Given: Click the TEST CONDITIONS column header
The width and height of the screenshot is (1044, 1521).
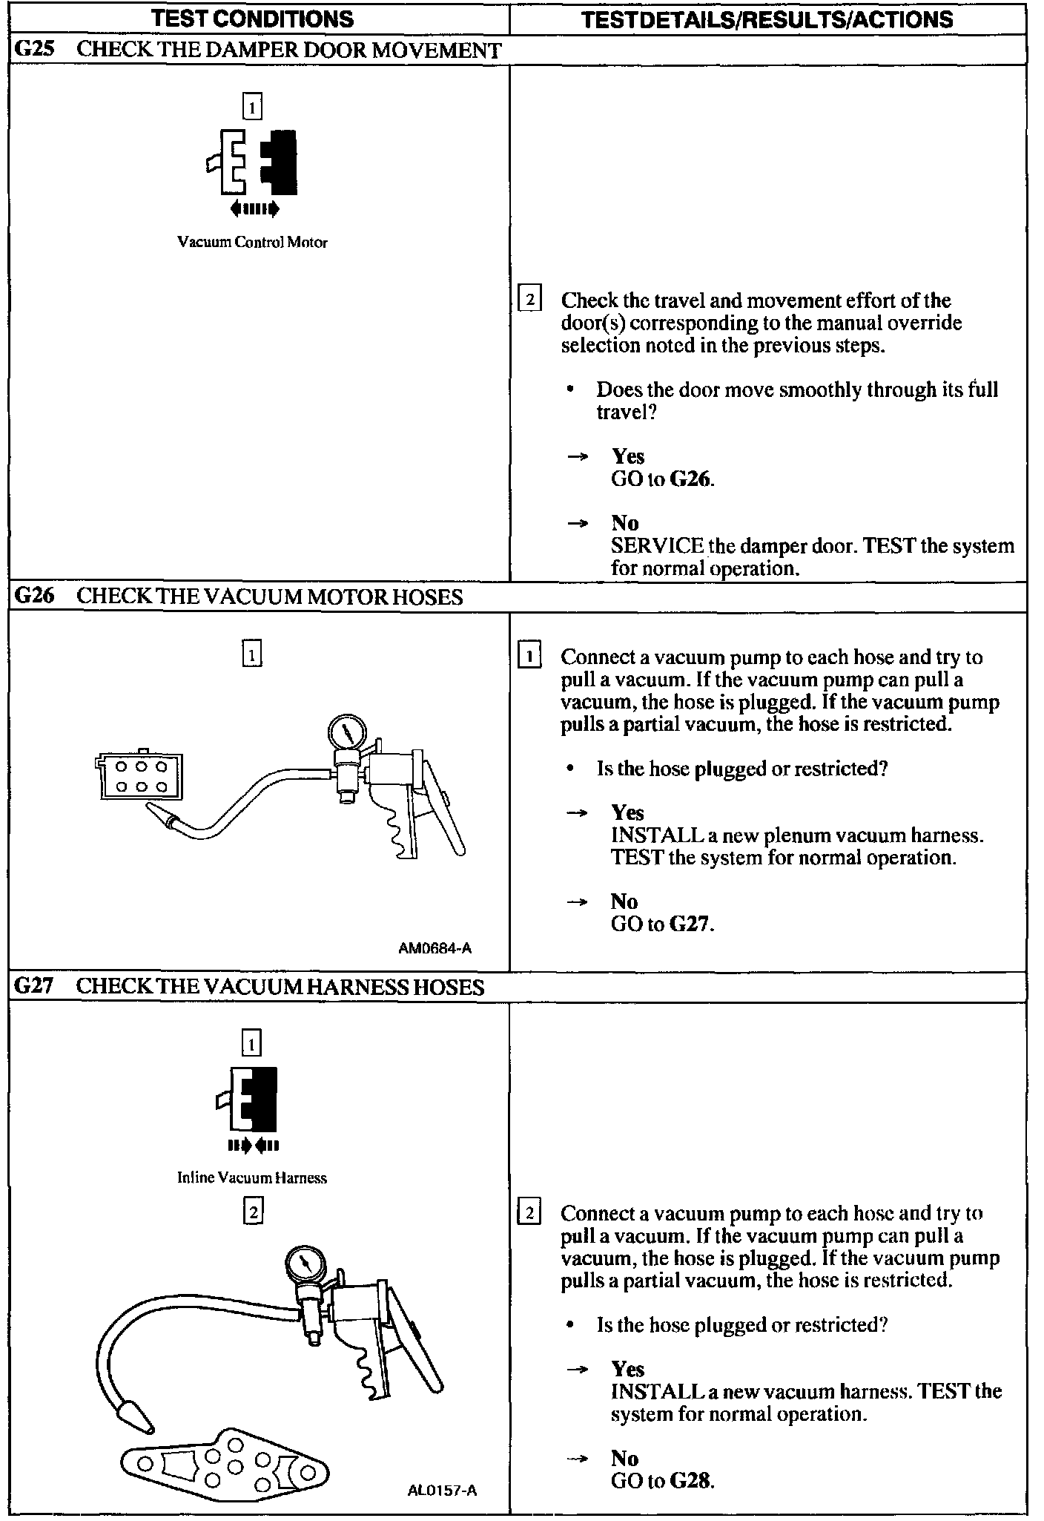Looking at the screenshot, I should tap(252, 19).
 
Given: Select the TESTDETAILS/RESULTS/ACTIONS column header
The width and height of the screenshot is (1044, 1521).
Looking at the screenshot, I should tap(767, 19).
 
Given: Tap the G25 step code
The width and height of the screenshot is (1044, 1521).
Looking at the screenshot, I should tap(34, 50).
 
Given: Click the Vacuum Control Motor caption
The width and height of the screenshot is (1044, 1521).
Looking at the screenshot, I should tap(252, 243).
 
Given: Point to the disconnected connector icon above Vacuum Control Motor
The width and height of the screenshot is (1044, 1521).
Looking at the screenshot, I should tap(253, 163).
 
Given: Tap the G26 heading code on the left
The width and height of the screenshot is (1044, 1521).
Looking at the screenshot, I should tap(34, 597).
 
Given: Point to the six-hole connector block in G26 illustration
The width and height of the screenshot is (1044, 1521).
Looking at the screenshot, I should tap(139, 777).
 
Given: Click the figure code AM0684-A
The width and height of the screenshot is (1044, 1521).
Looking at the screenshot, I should tap(435, 947).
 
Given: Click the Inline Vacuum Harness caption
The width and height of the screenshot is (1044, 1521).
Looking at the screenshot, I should tap(252, 1177).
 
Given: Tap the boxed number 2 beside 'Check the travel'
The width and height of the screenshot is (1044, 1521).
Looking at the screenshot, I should tap(529, 300).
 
